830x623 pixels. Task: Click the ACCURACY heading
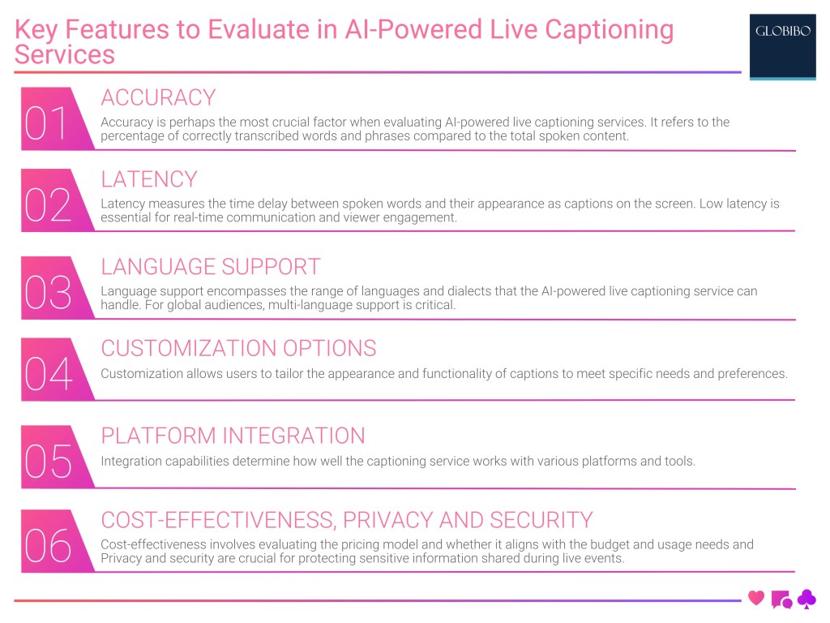pos(158,97)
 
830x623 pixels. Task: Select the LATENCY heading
pos(149,179)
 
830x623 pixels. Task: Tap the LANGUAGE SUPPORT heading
pos(211,267)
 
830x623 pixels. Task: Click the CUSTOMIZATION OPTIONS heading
pos(238,349)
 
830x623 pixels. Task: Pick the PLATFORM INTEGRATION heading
pos(233,436)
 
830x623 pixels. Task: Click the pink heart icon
pos(756,599)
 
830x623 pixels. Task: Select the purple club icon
pos(806,599)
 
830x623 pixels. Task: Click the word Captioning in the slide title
pos(609,30)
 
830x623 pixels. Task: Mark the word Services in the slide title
pos(65,54)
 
